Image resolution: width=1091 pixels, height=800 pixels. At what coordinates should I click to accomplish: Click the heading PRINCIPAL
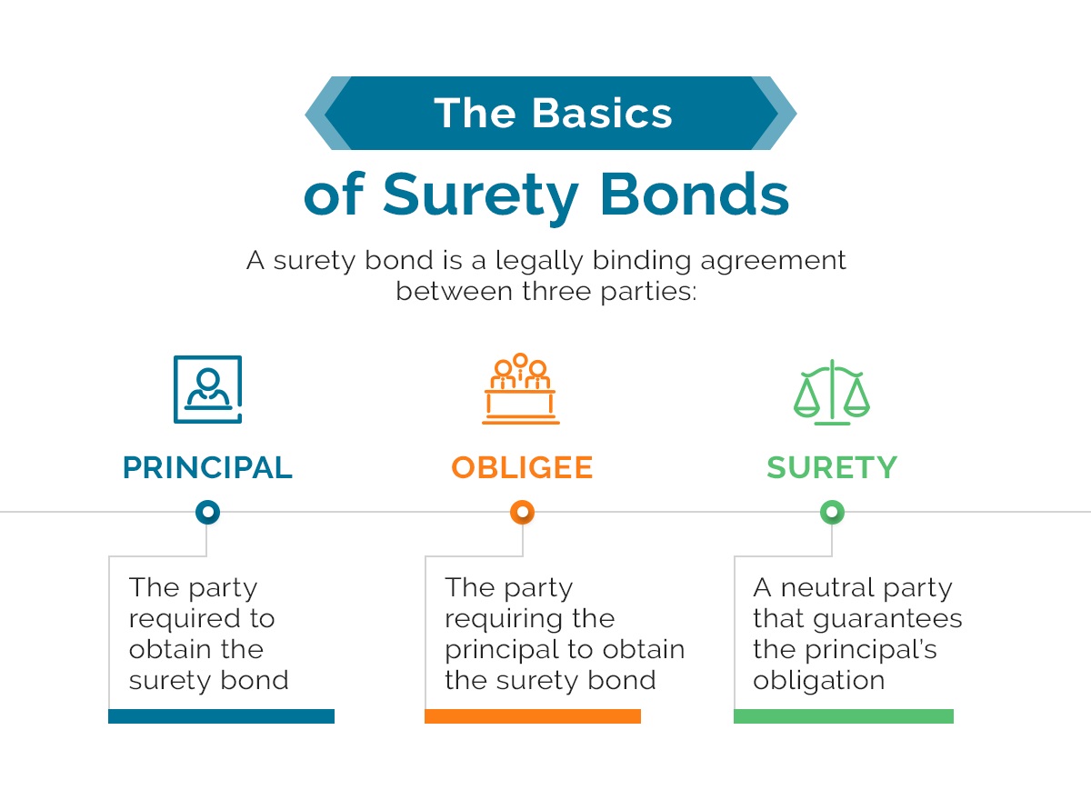[207, 467]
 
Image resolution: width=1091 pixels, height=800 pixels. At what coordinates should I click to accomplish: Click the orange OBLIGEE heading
[522, 467]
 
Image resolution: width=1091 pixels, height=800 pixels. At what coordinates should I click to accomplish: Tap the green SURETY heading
[832, 467]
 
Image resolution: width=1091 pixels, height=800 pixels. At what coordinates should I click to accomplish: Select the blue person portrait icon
[208, 389]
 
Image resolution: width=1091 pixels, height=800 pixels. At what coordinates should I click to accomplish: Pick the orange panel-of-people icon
[521, 389]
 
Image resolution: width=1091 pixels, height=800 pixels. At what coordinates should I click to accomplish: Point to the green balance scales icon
[832, 392]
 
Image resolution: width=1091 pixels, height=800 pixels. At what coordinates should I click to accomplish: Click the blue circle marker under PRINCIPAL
[208, 513]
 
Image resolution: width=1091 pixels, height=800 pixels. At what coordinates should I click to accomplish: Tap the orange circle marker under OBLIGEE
[522, 513]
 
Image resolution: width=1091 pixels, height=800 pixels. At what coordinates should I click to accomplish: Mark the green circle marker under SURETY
[832, 513]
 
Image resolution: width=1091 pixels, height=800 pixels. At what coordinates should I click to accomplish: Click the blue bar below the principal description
[221, 716]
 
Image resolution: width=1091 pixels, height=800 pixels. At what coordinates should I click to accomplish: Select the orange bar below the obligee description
[533, 716]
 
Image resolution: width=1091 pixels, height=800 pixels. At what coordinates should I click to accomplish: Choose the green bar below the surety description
[844, 716]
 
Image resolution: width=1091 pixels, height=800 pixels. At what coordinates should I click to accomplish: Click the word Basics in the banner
[602, 114]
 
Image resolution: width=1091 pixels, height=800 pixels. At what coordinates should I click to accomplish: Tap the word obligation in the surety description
[819, 681]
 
